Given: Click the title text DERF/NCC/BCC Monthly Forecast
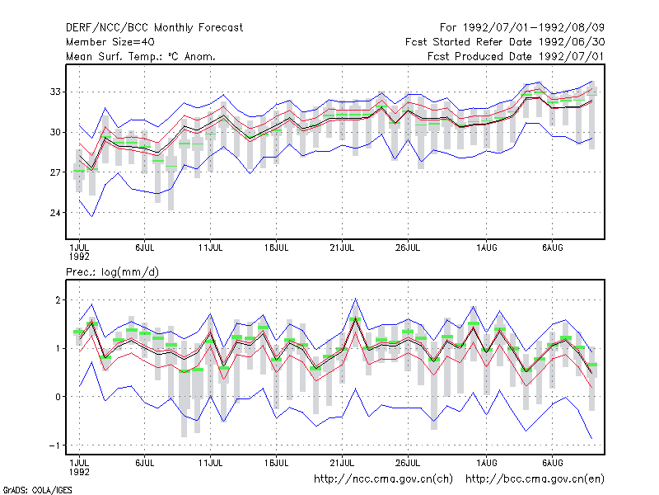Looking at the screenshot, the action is pos(154,28).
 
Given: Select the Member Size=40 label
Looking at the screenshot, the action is pos(110,42).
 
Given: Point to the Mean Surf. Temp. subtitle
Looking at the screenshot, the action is pos(141,56).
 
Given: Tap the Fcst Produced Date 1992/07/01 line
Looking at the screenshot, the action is pos(516,56).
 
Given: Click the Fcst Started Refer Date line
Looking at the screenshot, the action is pos(505,42).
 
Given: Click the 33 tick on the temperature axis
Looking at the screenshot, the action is pos(55,92).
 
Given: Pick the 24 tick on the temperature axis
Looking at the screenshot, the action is pos(55,213).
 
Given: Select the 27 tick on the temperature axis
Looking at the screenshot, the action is pos(55,172).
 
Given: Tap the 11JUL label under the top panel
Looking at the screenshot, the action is pos(211,248).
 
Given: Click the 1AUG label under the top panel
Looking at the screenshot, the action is pos(487,248).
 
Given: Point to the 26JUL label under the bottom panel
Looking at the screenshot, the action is pos(408,463).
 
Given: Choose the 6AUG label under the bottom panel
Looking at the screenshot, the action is pos(552,463).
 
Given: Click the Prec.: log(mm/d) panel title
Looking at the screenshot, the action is pos(112,272).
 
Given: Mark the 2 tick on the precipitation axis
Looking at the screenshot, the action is pos(58,300).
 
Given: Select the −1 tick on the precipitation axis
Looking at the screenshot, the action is pos(54,445).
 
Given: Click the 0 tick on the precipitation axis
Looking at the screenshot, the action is pos(58,397).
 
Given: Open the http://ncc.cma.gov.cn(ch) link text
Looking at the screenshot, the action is pos(383,479).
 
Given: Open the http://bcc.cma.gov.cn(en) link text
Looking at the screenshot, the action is pos(535,479).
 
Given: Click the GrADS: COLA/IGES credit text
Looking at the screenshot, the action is pos(37,490).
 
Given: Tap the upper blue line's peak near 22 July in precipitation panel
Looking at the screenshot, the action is pos(356,299).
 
